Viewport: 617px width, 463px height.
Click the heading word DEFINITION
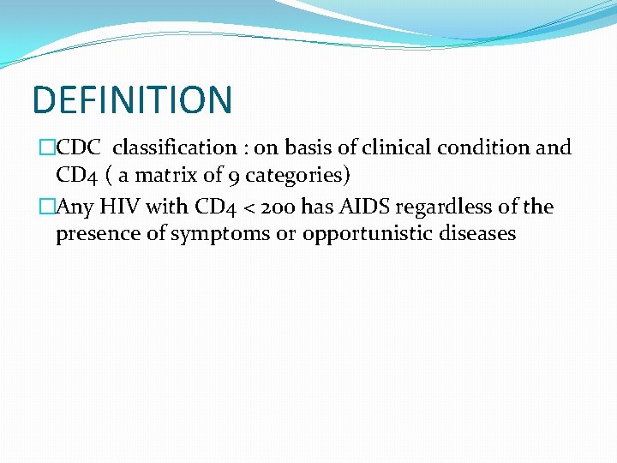tap(132, 99)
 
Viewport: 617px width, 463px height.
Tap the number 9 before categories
tap(239, 177)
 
